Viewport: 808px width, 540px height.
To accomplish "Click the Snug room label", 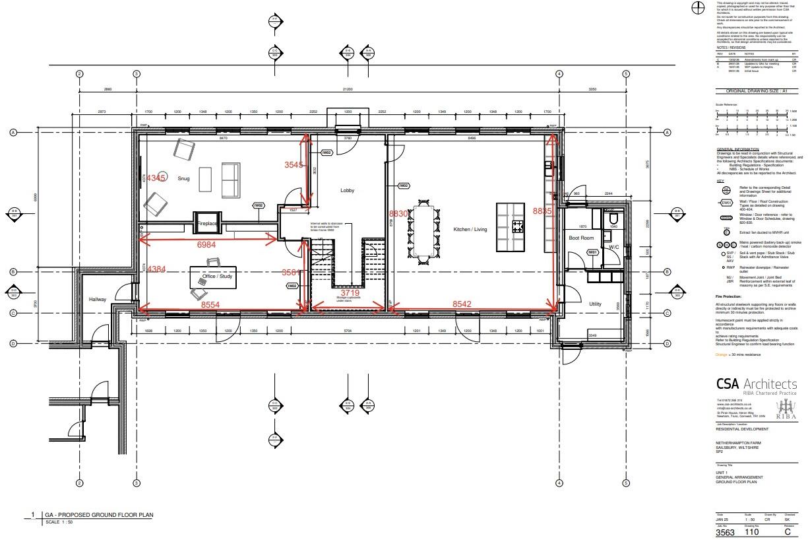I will [183, 178].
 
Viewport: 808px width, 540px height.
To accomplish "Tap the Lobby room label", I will [347, 191].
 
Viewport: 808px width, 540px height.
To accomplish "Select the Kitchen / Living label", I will [470, 229].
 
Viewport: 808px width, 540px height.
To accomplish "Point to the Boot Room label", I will [581, 237].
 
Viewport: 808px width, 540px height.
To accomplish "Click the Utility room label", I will [595, 304].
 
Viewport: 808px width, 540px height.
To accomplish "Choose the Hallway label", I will [98, 299].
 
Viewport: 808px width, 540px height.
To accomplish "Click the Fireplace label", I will [207, 224].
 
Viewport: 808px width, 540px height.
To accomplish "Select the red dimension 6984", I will [206, 245].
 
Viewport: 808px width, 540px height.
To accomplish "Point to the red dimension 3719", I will [350, 292].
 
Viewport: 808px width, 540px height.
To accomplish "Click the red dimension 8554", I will [210, 305].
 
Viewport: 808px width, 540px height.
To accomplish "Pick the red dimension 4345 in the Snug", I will [156, 178].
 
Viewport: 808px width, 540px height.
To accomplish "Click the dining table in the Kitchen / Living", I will [423, 231].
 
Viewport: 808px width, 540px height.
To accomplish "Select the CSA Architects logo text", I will [756, 384].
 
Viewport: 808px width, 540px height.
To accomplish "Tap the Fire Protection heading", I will [730, 297].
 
